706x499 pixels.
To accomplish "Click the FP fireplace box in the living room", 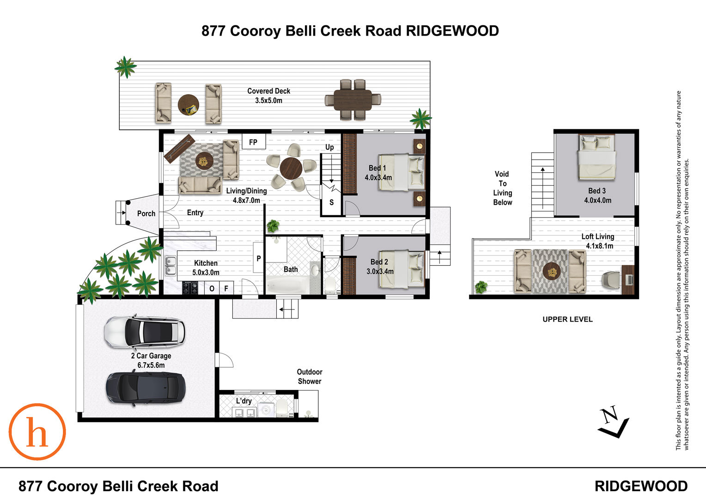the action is (254, 141).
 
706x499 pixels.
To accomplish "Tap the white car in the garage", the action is (145, 332).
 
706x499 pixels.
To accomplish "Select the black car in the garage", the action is (146, 388).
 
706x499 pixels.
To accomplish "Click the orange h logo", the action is (37, 432).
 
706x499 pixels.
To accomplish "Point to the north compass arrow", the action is (613, 422).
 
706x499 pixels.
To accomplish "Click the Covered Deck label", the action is (268, 96).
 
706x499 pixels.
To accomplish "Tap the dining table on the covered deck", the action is (353, 100).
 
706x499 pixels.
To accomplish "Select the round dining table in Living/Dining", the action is (291, 168).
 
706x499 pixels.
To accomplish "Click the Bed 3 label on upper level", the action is (597, 195).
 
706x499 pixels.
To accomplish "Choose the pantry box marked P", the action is (258, 257).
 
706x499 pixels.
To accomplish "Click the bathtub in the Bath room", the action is (287, 284).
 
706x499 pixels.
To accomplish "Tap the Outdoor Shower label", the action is (310, 377).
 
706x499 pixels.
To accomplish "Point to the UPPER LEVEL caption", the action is (568, 319).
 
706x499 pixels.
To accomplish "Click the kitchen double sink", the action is (170, 266).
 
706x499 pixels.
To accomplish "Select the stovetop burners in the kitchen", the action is (190, 288).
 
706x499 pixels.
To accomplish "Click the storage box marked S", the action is (331, 202).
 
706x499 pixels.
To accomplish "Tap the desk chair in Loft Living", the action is (611, 280).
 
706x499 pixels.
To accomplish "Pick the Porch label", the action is (146, 213).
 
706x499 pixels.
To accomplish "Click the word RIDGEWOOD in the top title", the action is (452, 31).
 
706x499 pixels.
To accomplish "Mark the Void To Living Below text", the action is (502, 188).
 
